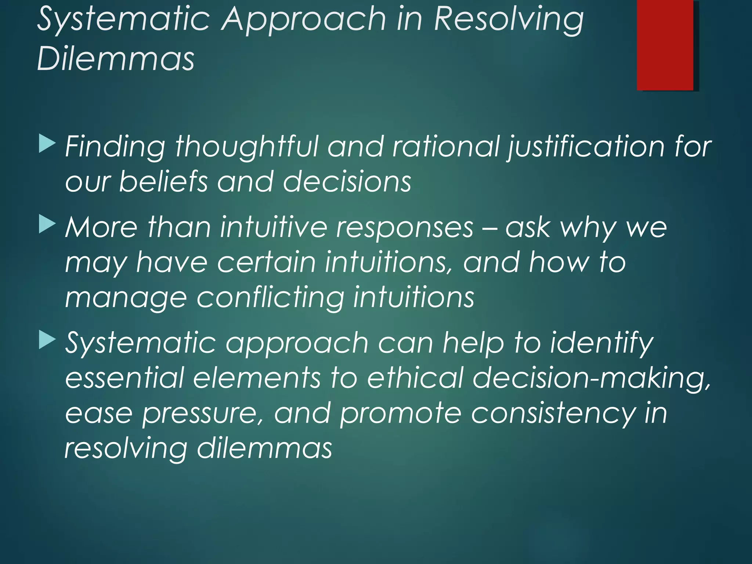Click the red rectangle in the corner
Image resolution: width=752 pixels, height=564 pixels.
pyautogui.click(x=665, y=45)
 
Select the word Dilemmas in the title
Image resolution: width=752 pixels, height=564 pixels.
pyautogui.click(x=116, y=59)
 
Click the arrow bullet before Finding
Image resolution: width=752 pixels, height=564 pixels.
pyautogui.click(x=47, y=144)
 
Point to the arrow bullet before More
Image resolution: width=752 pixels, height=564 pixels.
pyautogui.click(x=47, y=224)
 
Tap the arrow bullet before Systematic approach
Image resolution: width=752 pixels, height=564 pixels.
pyautogui.click(x=47, y=340)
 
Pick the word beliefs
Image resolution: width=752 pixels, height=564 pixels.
pyautogui.click(x=163, y=181)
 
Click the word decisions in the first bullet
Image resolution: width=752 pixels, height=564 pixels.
pyautogui.click(x=347, y=181)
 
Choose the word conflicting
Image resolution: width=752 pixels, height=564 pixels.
pyautogui.click(x=271, y=297)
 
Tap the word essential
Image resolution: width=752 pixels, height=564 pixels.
pyautogui.click(x=124, y=378)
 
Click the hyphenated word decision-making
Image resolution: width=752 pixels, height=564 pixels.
pyautogui.click(x=591, y=379)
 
